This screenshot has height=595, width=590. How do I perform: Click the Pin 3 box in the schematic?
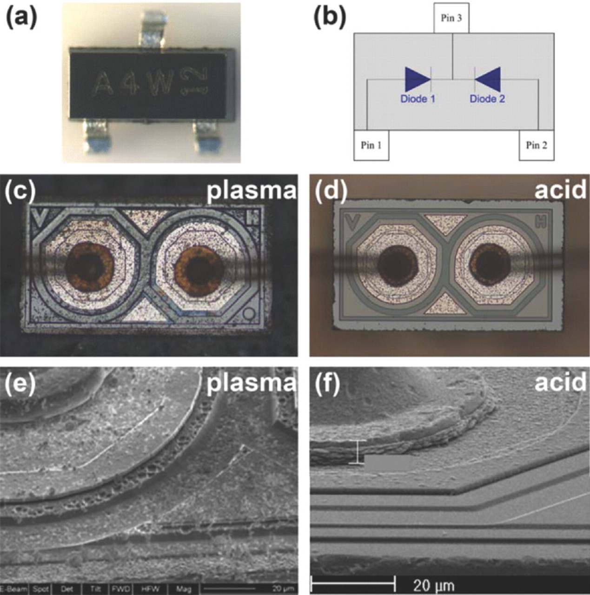(x=451, y=19)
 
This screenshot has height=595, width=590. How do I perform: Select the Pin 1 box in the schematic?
(x=371, y=145)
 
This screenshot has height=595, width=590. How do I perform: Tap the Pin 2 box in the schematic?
(x=536, y=145)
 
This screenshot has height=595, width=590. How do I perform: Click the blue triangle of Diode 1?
(x=417, y=79)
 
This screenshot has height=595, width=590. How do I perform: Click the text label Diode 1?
(x=418, y=99)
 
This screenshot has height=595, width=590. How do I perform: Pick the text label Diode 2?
(x=487, y=99)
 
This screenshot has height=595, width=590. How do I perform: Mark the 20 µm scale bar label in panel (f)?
(x=434, y=584)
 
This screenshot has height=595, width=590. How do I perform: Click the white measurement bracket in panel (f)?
(x=357, y=452)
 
